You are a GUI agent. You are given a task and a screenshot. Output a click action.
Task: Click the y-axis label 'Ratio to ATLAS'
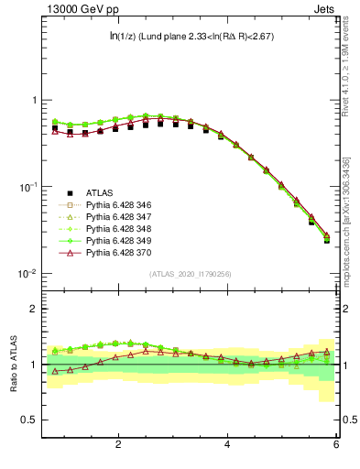(12, 364)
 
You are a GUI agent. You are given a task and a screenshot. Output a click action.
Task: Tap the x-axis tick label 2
(118, 446)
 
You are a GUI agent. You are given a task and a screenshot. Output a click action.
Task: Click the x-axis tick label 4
(227, 446)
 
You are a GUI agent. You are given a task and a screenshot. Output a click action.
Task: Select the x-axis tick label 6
(335, 446)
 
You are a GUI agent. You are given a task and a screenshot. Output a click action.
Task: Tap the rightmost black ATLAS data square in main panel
(327, 240)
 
